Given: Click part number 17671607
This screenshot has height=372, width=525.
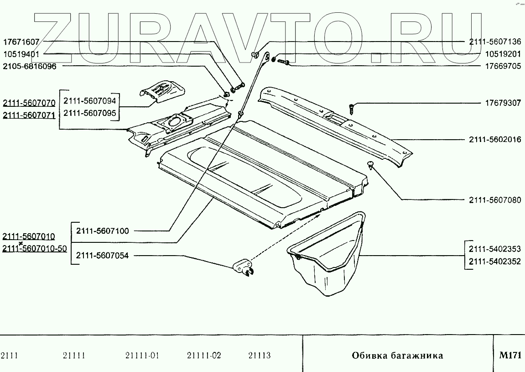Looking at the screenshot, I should [x=22, y=42].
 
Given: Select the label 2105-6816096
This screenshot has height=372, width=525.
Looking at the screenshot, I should [x=30, y=66].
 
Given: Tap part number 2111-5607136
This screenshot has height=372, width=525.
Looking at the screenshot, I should [x=494, y=42].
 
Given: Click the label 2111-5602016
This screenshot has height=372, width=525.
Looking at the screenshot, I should [x=494, y=140].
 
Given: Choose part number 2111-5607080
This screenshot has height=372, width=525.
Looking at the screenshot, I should [x=494, y=200].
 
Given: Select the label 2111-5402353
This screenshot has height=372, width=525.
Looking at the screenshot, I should [x=494, y=249].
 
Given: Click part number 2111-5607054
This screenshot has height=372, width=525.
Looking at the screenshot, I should [x=102, y=256].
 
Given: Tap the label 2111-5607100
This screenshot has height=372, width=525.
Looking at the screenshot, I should [x=102, y=231].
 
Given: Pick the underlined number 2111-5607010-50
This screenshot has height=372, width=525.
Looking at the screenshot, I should [x=35, y=248].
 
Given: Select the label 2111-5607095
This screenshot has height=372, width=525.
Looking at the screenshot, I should [x=89, y=113].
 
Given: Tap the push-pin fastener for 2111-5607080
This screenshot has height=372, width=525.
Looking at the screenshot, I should [x=371, y=164].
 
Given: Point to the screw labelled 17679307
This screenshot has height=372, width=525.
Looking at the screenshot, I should [x=351, y=109].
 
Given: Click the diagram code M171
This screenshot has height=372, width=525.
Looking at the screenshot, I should [x=510, y=355].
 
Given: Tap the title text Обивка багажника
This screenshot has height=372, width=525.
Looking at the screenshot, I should [x=397, y=356].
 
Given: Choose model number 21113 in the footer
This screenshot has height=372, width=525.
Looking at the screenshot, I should [x=259, y=356].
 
